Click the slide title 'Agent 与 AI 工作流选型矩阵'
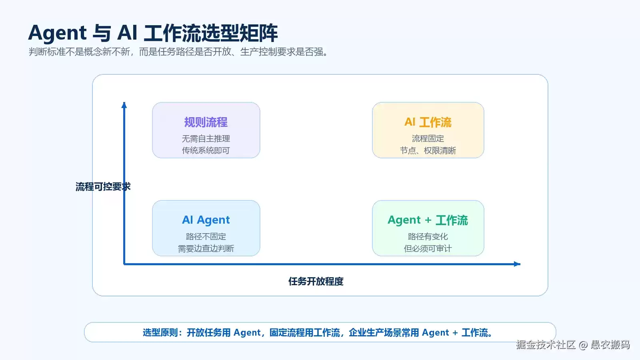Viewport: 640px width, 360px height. (153, 33)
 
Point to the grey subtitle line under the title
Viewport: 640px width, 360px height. (178, 52)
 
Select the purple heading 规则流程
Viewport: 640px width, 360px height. (206, 122)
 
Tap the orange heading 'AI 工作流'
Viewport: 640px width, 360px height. (428, 122)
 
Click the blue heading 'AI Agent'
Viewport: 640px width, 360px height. (206, 220)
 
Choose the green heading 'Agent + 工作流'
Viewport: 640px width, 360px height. (428, 220)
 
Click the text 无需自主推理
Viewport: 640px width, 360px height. (206, 138)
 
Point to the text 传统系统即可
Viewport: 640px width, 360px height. (206, 150)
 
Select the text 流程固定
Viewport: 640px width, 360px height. (428, 138)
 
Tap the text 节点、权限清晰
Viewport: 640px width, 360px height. (428, 150)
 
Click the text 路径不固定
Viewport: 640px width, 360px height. (206, 236)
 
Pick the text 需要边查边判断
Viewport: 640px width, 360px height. (206, 248)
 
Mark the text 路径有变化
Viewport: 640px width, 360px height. (428, 236)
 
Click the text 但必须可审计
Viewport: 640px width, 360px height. (428, 248)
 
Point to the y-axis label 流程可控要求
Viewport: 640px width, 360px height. (103, 187)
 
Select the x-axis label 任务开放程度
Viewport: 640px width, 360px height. (316, 282)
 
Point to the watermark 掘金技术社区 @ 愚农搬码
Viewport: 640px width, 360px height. (573, 345)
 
